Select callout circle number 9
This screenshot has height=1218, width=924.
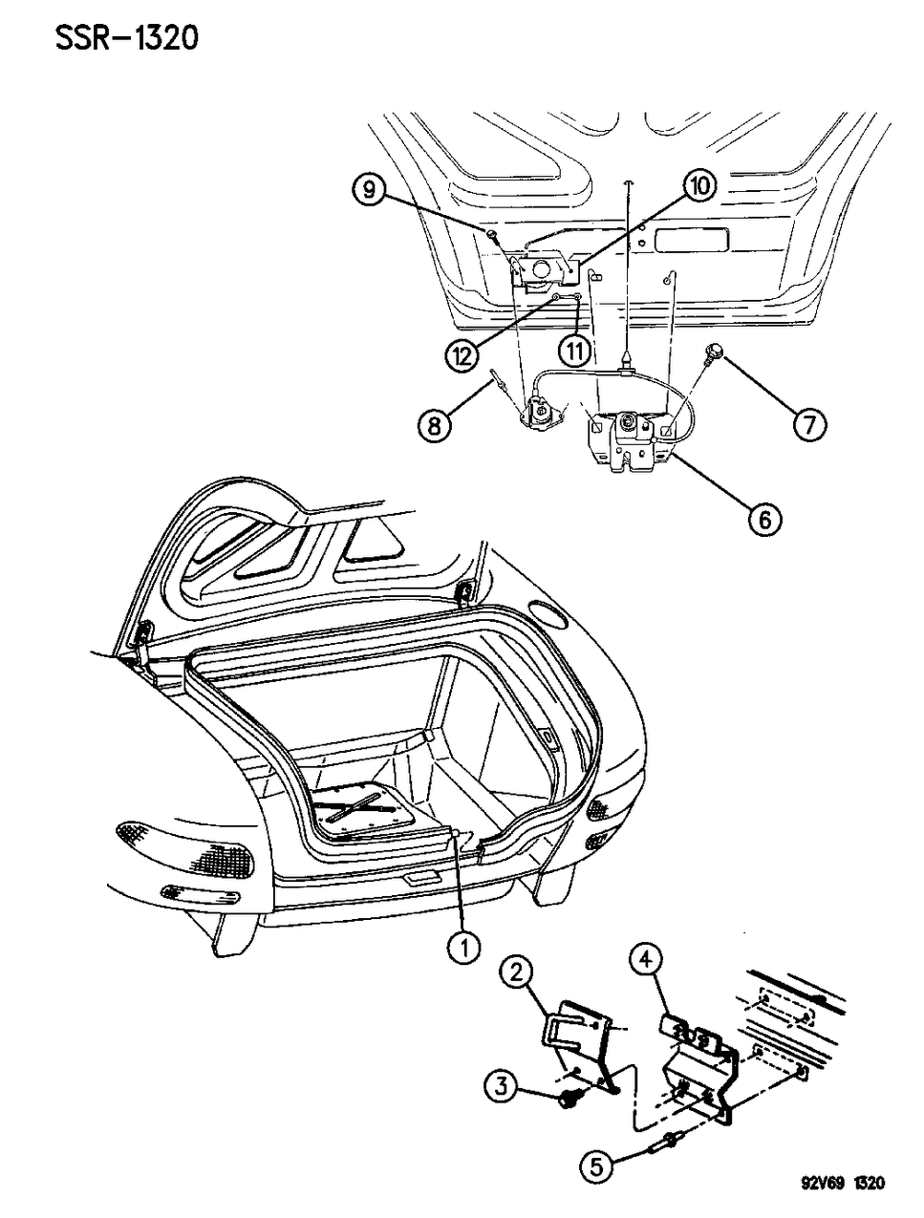pos(369,190)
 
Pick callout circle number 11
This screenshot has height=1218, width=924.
pos(573,351)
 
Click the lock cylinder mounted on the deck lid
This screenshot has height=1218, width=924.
pos(543,270)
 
